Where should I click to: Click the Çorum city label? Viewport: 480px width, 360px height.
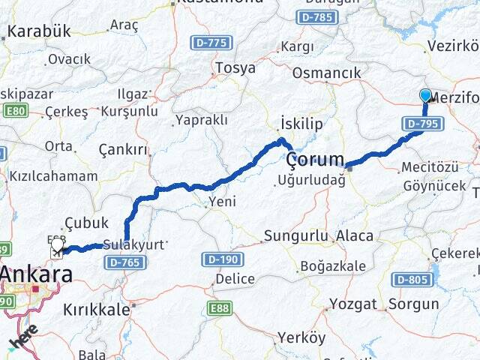[x=316, y=159]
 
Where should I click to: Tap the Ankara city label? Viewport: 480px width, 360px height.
[x=36, y=274]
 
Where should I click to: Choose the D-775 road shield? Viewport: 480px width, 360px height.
[x=211, y=43]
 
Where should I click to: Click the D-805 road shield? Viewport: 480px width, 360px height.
[x=412, y=279]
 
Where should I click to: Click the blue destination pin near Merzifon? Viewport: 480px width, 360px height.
[x=425, y=96]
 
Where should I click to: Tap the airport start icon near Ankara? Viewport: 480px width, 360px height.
[x=58, y=247]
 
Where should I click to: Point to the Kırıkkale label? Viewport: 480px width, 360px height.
[x=97, y=308]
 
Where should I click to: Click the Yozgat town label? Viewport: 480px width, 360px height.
[x=352, y=304]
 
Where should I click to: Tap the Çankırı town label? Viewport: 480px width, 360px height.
[x=123, y=150]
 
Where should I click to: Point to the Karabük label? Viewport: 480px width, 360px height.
[x=38, y=31]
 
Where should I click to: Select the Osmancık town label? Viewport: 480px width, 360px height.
[x=326, y=73]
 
